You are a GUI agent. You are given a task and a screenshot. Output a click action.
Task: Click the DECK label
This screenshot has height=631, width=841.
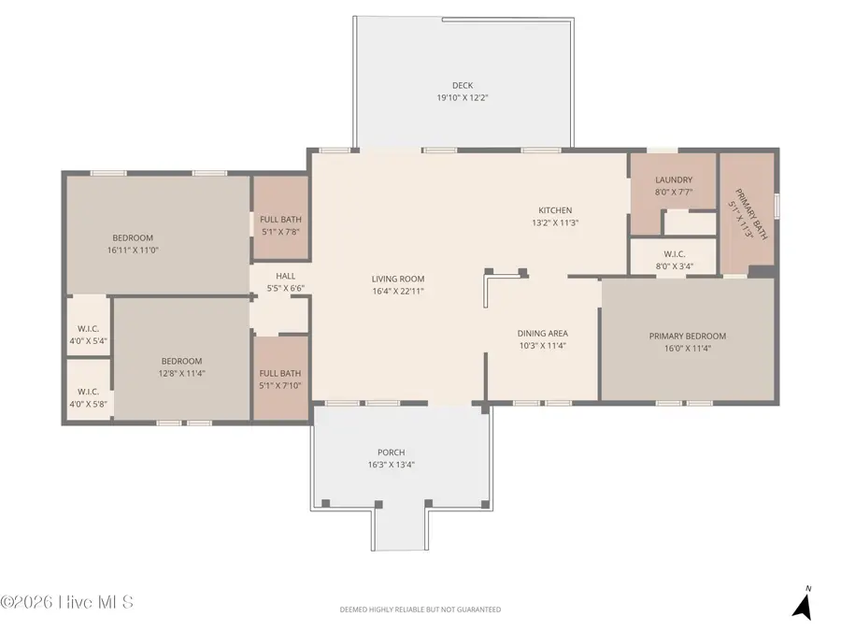point(462,86)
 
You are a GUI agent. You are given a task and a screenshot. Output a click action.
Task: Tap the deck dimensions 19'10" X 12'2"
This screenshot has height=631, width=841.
point(462,98)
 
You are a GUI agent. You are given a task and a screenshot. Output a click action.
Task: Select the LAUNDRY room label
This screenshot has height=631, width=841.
point(673,179)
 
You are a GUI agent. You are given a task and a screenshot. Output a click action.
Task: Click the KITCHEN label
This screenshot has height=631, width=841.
point(554,210)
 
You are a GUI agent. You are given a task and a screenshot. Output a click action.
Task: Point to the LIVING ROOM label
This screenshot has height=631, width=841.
point(398,279)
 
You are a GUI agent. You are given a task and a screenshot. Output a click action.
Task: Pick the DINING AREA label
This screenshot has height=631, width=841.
point(542,334)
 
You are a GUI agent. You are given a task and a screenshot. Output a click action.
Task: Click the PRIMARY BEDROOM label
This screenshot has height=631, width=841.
point(687,337)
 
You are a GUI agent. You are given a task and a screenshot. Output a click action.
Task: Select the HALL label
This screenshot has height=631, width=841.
point(285,277)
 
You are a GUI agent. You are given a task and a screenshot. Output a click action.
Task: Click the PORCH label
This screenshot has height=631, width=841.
point(391,452)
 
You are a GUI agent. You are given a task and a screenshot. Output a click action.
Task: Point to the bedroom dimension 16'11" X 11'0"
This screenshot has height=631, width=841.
point(133,251)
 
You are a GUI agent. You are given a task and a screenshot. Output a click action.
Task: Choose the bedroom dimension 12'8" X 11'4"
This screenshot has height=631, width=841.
point(181,373)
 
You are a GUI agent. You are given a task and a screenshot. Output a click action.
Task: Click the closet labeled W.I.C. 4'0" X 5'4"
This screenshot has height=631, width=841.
point(88,335)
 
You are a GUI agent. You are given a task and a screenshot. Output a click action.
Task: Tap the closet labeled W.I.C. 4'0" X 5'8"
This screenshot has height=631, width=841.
point(88,398)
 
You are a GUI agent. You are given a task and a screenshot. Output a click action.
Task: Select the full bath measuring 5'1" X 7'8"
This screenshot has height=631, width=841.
point(280,225)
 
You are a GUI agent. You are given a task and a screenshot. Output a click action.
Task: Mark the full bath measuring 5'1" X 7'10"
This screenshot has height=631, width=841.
point(280,380)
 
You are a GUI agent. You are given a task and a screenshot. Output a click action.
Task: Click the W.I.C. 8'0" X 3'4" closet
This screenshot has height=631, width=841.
point(673,260)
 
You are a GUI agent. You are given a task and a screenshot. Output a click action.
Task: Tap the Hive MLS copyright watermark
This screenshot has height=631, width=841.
point(67,602)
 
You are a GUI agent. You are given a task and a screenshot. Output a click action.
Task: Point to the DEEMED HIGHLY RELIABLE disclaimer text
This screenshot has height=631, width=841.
point(420,609)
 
